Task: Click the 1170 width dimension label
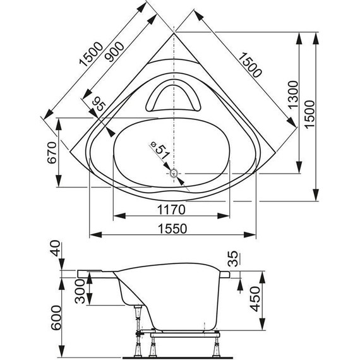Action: [x=171, y=210]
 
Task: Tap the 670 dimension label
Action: [x=52, y=153]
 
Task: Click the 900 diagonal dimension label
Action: [x=116, y=52]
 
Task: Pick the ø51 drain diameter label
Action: [x=160, y=151]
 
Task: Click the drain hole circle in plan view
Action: [x=174, y=173]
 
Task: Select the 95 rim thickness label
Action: [x=99, y=104]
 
